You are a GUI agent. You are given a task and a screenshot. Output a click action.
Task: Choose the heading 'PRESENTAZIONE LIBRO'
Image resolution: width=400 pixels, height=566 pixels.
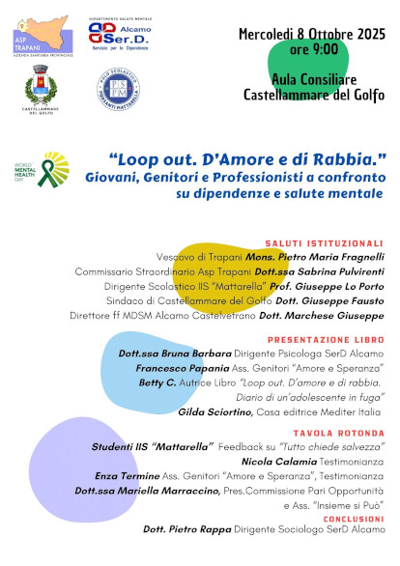326,341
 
